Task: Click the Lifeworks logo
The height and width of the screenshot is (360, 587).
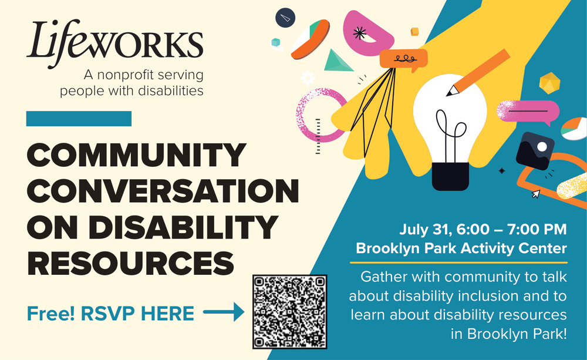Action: click(x=114, y=44)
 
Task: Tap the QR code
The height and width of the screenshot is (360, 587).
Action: click(x=290, y=312)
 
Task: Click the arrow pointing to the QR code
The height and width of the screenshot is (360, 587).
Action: click(x=224, y=312)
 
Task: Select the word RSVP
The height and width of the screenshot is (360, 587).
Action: click(x=108, y=314)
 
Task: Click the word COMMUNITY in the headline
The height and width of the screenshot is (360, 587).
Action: click(x=136, y=155)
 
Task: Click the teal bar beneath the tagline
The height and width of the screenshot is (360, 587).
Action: click(x=79, y=119)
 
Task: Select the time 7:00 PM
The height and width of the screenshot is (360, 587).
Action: click(x=537, y=229)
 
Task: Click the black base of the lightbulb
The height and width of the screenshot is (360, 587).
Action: click(x=450, y=176)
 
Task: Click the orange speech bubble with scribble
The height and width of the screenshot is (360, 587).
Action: click(x=404, y=59)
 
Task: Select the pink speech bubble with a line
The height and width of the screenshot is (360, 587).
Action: click(x=528, y=112)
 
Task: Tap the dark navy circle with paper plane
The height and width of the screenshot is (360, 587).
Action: click(x=285, y=18)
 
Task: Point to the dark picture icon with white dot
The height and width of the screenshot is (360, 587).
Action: click(x=535, y=151)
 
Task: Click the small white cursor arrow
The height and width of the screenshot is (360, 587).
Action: click(x=536, y=194)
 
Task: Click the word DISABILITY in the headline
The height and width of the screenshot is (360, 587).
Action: click(x=183, y=227)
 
